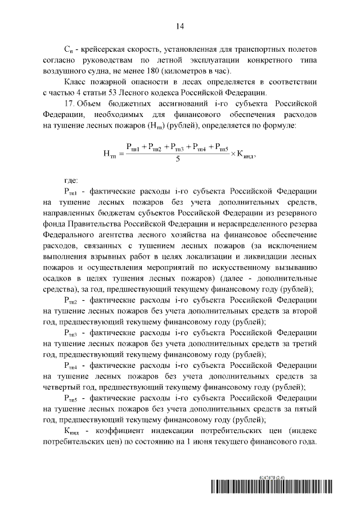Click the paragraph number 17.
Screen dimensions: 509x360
pyautogui.click(x=69, y=104)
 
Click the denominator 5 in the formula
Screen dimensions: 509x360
pyautogui.click(x=178, y=159)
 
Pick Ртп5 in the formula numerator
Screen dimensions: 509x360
pyautogui.click(x=219, y=147)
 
